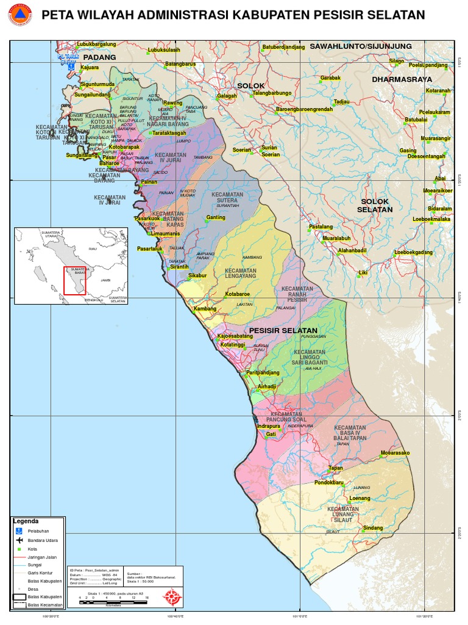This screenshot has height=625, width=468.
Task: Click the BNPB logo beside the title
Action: [x=19, y=15]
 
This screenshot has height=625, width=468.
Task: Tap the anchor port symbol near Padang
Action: [x=70, y=65]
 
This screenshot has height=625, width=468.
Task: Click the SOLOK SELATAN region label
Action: [x=375, y=205]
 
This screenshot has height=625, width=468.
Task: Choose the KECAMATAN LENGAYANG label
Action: [x=240, y=273]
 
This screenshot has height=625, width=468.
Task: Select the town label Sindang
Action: [x=373, y=527]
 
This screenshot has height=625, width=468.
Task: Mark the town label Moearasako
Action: [x=395, y=453]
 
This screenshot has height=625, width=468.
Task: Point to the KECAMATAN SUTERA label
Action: [x=227, y=198]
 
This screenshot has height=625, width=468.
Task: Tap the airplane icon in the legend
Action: [x=19, y=540]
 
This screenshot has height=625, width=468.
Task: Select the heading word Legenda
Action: [x=26, y=521]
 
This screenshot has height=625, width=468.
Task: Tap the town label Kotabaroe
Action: [x=238, y=294]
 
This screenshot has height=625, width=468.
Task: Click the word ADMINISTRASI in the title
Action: [x=180, y=15]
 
